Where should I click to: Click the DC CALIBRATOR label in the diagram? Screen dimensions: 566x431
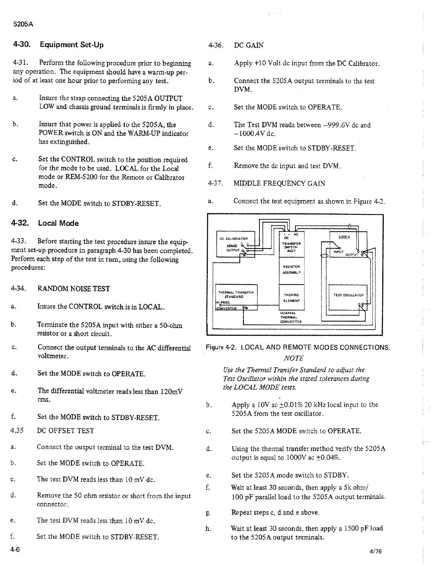point(231,238)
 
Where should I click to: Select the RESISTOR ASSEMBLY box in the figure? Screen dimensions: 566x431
point(291,269)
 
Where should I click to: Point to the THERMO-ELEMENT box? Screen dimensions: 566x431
point(292,298)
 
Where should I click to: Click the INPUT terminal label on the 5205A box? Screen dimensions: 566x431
point(338,252)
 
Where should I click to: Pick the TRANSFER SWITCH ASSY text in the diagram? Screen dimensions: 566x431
point(292,247)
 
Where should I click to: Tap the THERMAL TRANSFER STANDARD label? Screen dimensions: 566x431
point(236,294)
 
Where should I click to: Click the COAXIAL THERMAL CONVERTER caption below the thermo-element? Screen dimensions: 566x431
point(291,317)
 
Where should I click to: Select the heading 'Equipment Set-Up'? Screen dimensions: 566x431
point(71,45)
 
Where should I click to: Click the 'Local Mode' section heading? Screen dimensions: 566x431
point(58,223)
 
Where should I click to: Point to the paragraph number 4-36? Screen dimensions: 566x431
point(215,45)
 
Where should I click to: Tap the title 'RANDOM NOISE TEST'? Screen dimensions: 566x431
point(73,289)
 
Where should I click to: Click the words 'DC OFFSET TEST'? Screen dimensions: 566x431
point(65,431)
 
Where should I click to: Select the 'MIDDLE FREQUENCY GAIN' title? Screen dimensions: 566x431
point(279,183)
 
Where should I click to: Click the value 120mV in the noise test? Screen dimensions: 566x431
point(172,391)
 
